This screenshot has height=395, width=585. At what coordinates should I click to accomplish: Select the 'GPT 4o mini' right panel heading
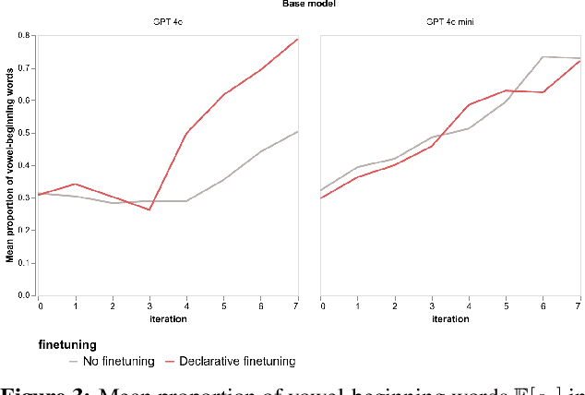tap(449, 22)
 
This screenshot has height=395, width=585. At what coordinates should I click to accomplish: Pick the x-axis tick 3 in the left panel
tap(149, 305)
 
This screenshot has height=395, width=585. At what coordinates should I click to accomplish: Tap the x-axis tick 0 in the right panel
tap(320, 305)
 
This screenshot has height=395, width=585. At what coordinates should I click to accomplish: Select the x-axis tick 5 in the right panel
tap(505, 305)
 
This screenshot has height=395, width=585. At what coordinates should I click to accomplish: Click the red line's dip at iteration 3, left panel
tap(149, 209)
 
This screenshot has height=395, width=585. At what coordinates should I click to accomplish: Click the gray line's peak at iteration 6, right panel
tap(542, 57)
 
